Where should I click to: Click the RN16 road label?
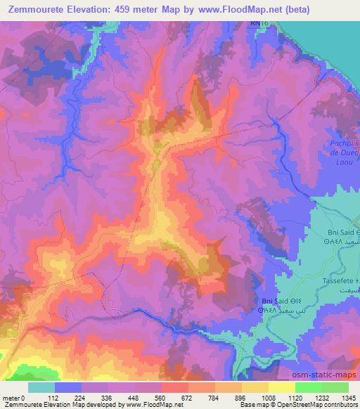pyautogui.click(x=259, y=23)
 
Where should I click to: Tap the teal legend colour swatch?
pyautogui.click(x=41, y=387)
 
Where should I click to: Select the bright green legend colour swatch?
pyautogui.click(x=307, y=387)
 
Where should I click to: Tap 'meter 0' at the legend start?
pyautogui.click(x=13, y=397)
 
